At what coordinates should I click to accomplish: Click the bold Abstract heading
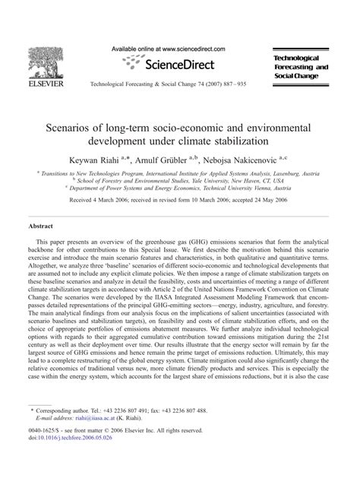click(x=40, y=226)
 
